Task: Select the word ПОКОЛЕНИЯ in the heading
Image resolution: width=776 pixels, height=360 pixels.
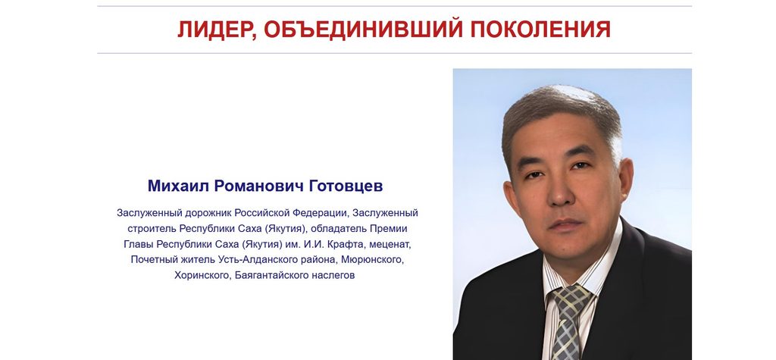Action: coord(540,30)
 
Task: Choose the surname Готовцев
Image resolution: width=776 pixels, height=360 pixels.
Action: coord(346,186)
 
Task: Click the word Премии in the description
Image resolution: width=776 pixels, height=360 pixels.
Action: coord(391,229)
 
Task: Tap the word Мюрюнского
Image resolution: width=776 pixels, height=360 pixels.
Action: coord(377,260)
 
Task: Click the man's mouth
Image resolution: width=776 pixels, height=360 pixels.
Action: coord(563,224)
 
